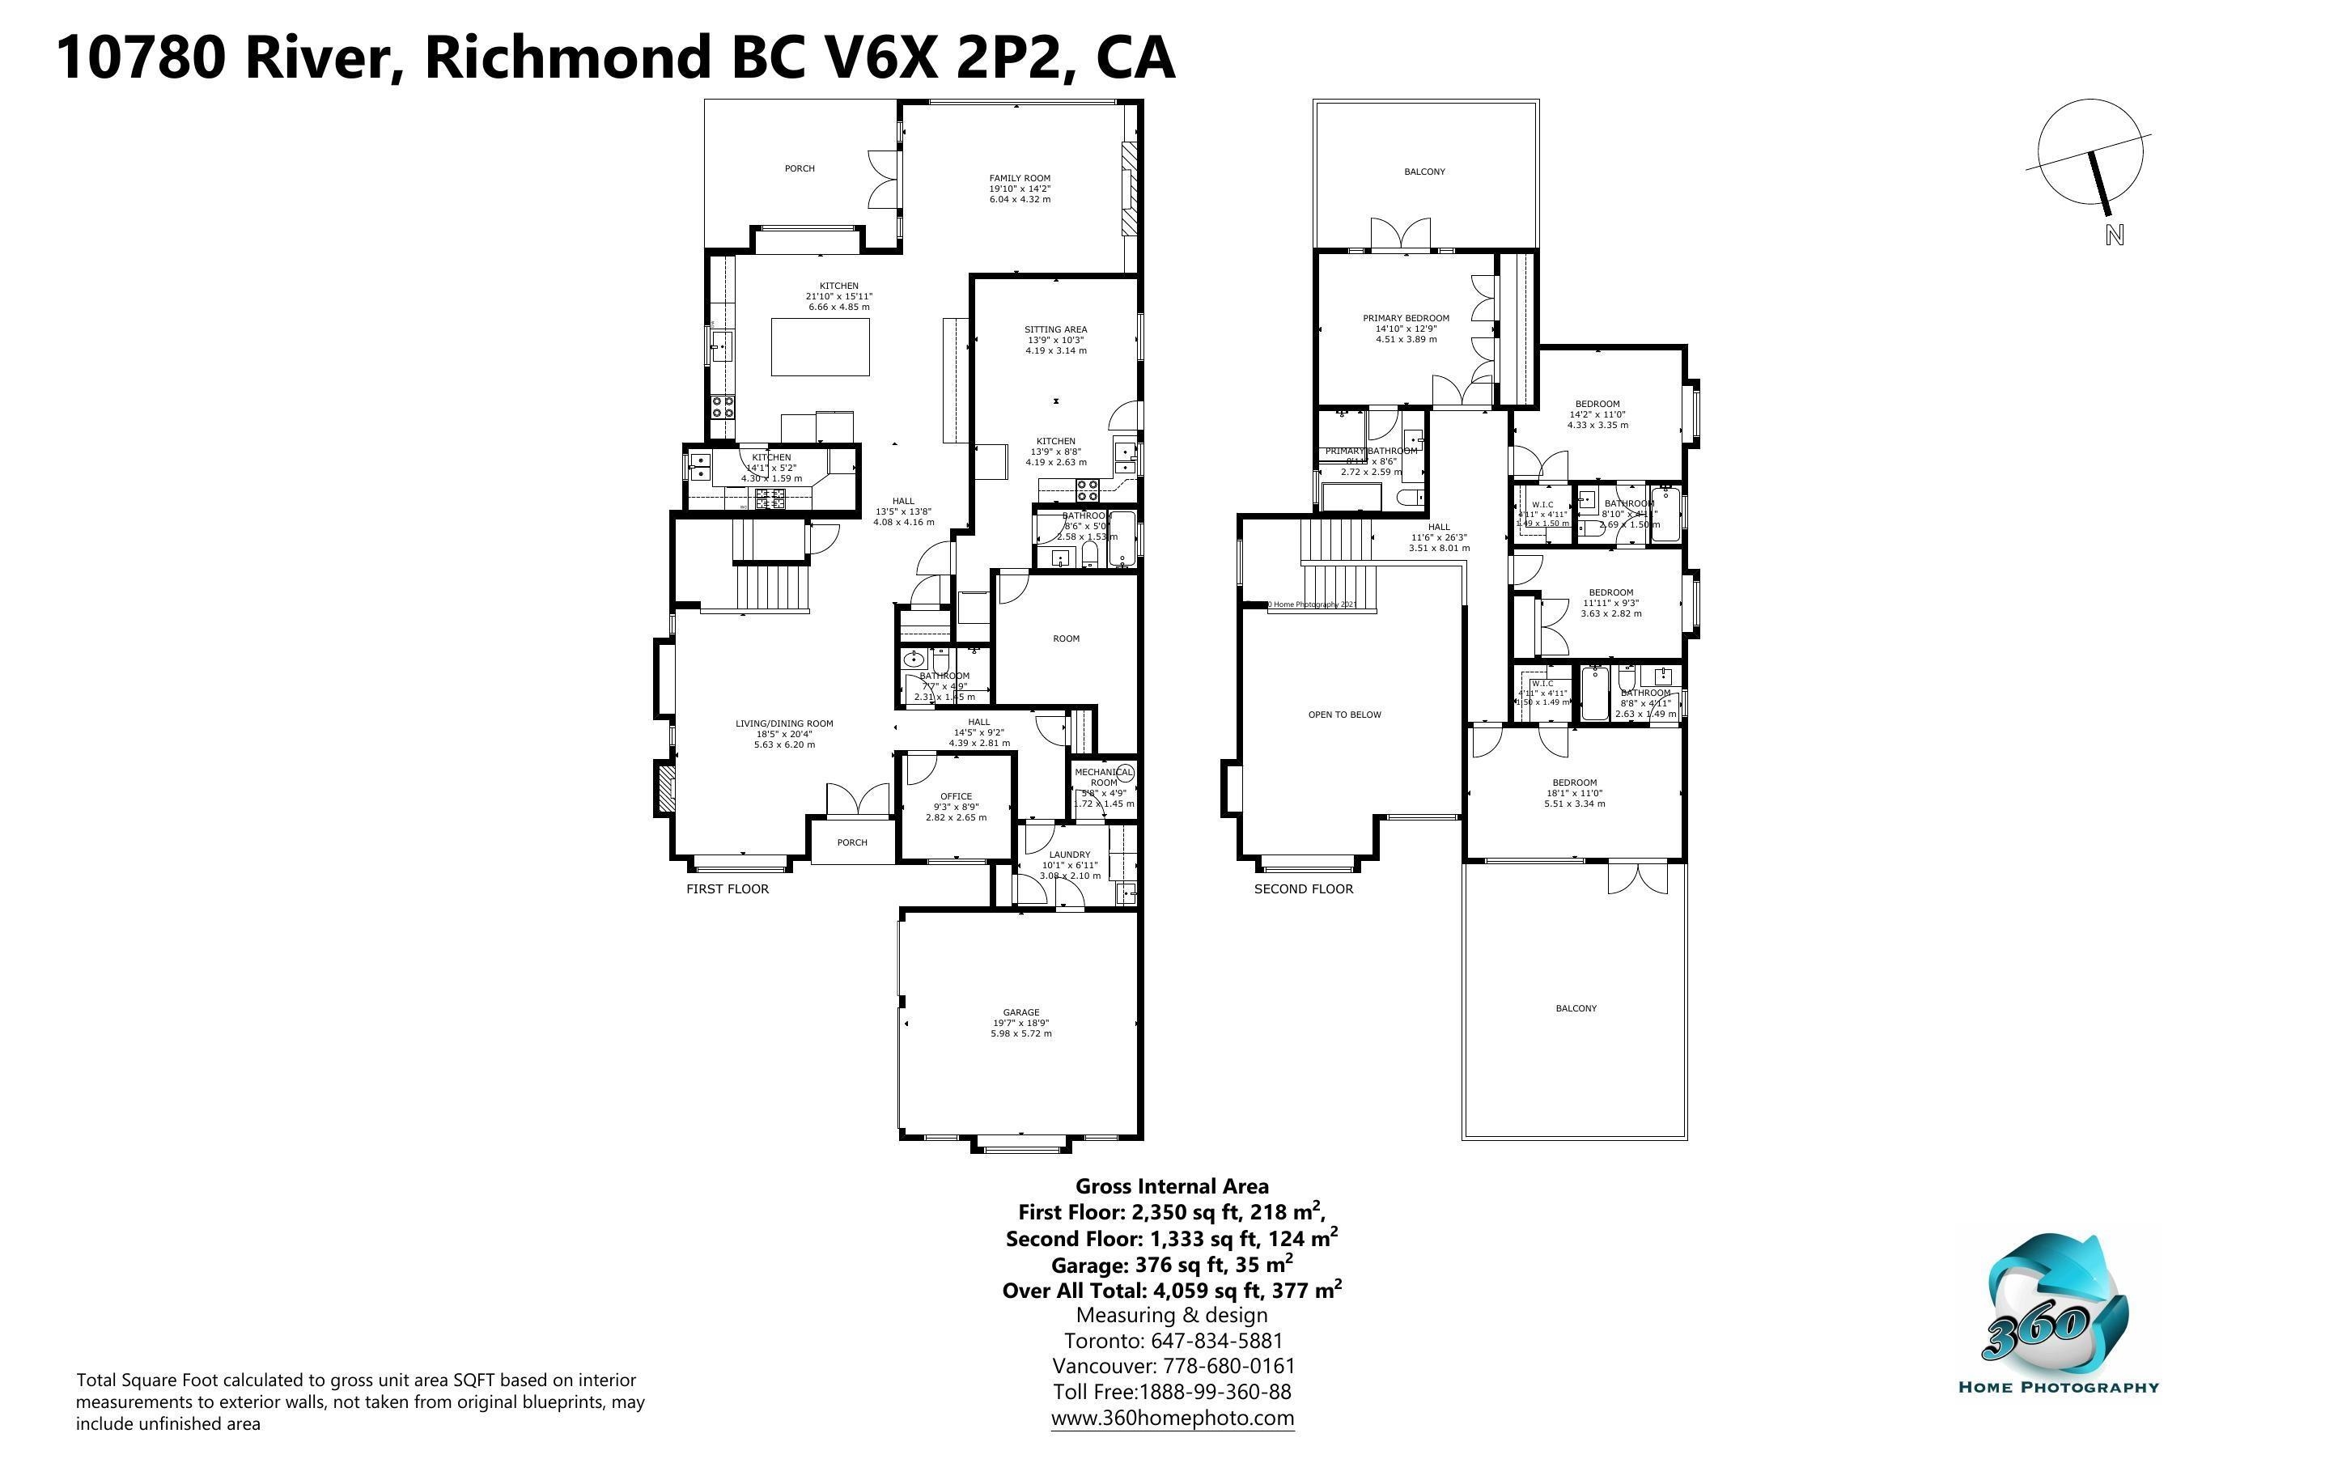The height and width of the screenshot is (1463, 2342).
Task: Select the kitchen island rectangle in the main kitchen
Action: click(x=819, y=346)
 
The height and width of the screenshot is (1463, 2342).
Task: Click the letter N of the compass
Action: click(x=2114, y=235)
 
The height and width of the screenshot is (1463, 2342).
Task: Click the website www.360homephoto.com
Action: click(x=1173, y=1418)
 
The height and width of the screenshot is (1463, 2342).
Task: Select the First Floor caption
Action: click(x=728, y=889)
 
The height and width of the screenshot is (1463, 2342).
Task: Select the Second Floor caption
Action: click(x=1303, y=889)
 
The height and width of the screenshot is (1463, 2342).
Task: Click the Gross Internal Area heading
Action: click(x=1172, y=1186)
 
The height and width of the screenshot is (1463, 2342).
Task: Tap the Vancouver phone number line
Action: click(x=1173, y=1366)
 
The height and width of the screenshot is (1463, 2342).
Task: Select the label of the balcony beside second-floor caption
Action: click(x=1576, y=1008)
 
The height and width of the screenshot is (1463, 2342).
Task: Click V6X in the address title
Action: click(x=880, y=57)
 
